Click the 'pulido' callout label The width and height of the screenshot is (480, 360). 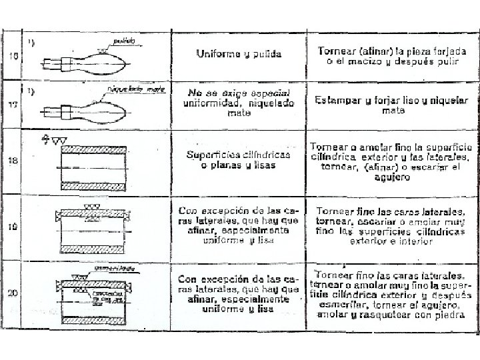(x=123, y=41)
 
